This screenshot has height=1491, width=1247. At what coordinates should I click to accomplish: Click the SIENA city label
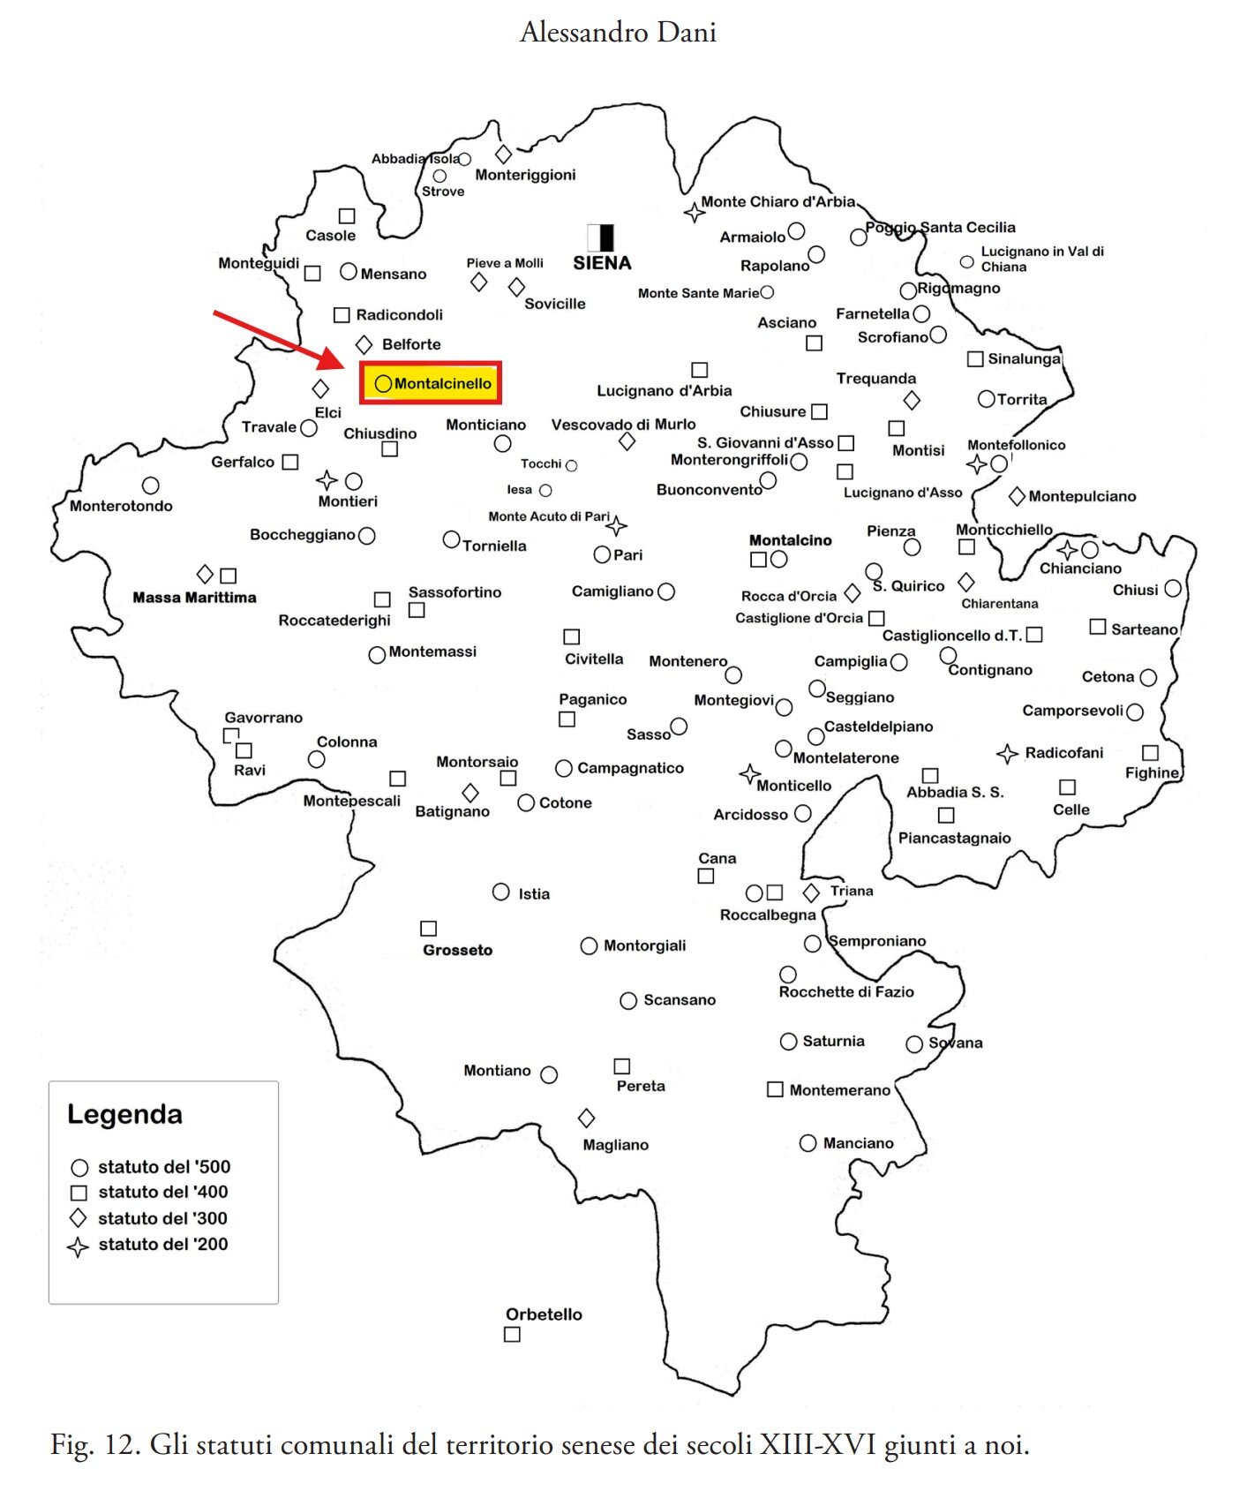coord(602,263)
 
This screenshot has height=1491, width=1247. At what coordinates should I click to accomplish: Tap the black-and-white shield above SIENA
coord(600,237)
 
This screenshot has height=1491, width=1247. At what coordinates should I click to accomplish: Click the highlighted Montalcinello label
coord(432,383)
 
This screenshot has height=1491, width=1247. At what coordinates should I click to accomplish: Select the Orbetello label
coord(544,1314)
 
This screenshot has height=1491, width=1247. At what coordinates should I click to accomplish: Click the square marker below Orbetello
coord(512,1335)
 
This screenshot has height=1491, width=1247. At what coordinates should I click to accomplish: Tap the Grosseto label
coord(457,950)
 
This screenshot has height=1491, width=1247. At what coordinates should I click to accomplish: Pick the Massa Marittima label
coord(194,598)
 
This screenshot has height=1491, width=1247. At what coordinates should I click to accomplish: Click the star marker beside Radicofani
coord(1007,753)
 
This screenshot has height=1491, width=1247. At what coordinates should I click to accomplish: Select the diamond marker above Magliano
coord(586,1118)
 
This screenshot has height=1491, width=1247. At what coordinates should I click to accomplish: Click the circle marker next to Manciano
coord(808,1143)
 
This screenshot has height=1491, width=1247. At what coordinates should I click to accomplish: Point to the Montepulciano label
coord(1082,496)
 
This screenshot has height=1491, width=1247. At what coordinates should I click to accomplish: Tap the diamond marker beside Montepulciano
coord(1017,496)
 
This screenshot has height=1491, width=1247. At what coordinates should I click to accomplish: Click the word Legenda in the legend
coord(124,1114)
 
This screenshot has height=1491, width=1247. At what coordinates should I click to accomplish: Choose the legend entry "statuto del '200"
coord(162,1244)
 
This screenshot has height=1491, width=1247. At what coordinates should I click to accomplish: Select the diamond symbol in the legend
coord(79,1218)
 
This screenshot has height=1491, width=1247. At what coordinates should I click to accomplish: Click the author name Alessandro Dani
coord(618,32)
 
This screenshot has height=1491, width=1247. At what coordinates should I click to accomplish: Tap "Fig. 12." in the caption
coord(95,1445)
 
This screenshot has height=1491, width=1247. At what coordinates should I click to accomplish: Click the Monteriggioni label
coord(525,175)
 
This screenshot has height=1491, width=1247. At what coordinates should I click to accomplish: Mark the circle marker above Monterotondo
coord(151,486)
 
